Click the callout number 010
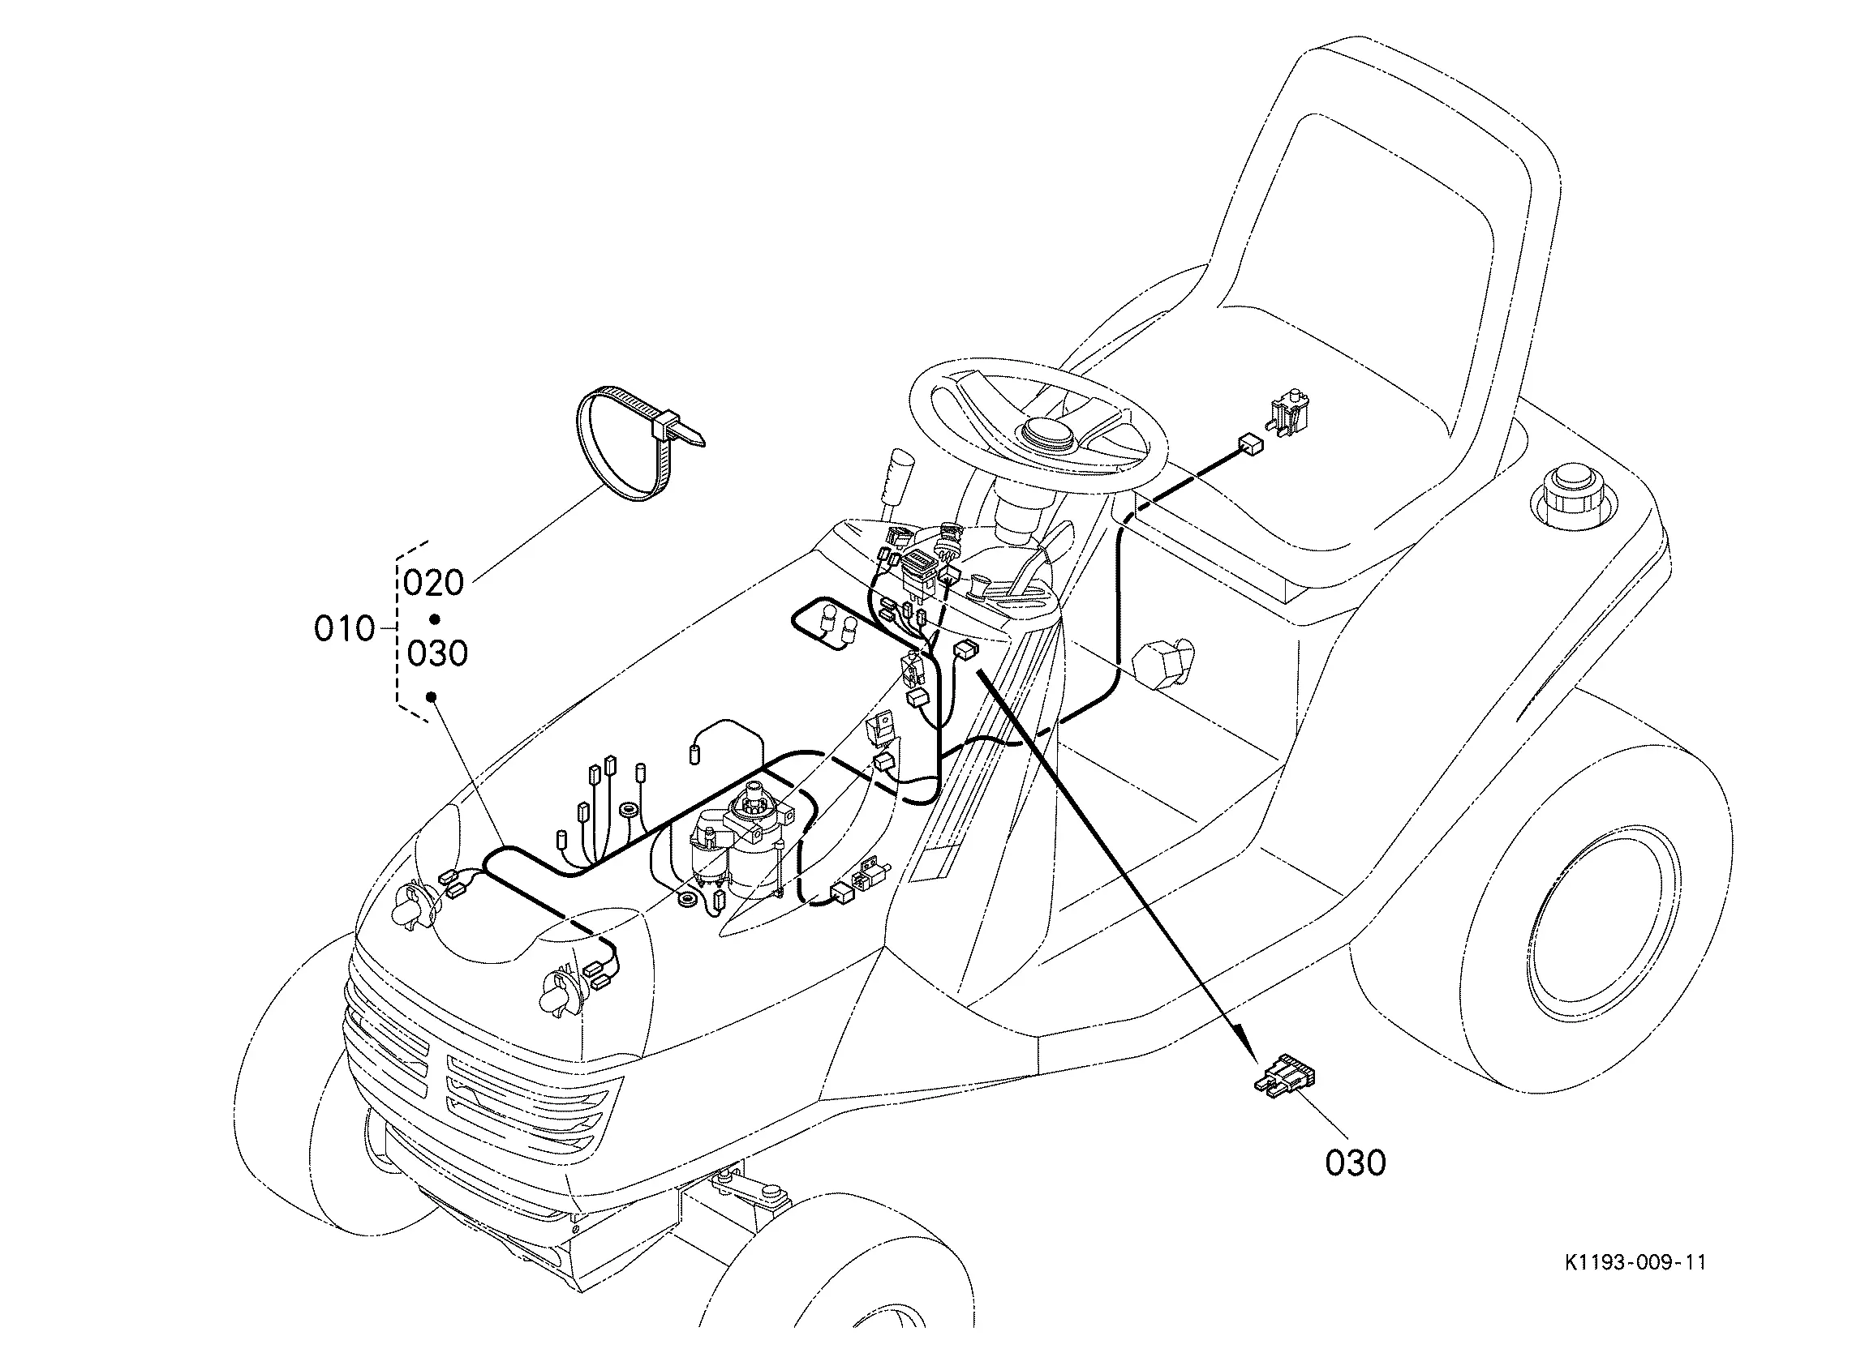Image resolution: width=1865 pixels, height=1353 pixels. (x=345, y=629)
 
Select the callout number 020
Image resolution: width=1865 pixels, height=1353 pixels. (x=434, y=583)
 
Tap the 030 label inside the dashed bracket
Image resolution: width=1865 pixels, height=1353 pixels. (x=437, y=653)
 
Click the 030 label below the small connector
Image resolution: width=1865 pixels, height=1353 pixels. (x=1356, y=1162)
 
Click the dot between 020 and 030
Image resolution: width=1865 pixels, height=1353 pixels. (x=435, y=619)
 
